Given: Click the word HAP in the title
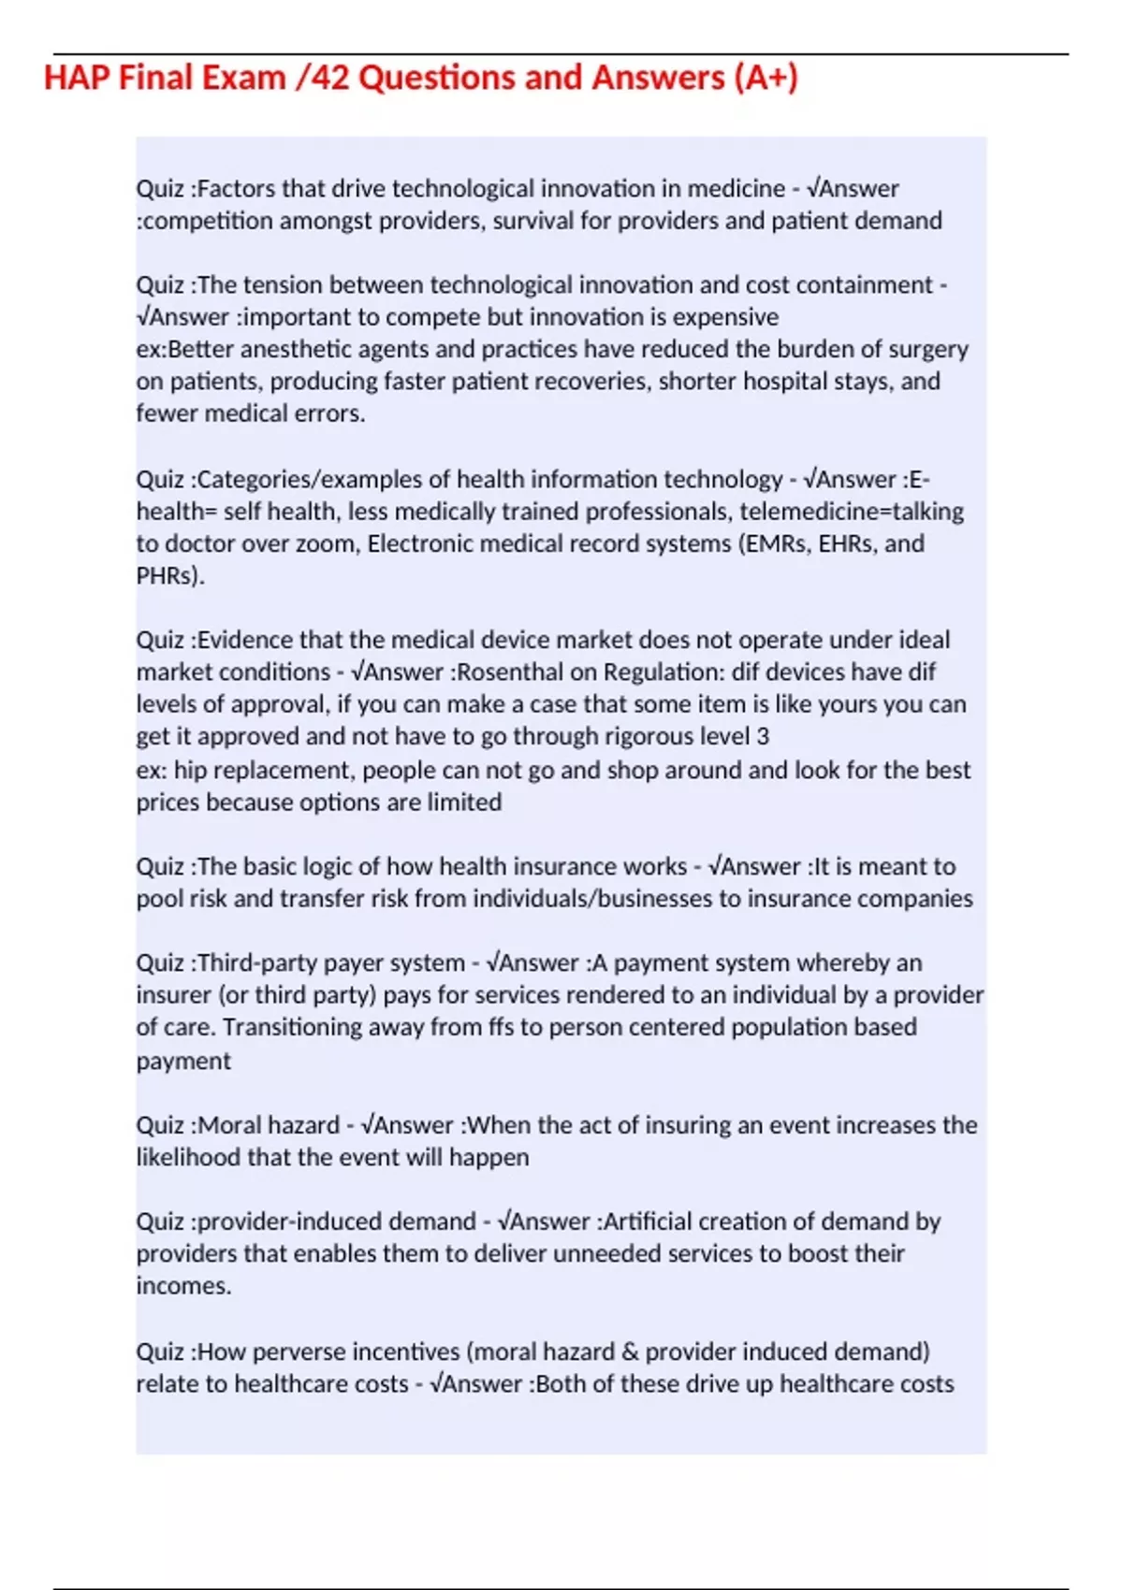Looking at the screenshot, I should click(77, 78).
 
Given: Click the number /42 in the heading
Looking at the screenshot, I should click(322, 78).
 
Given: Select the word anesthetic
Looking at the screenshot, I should click(296, 350).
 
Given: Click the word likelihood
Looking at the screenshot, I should click(187, 1158).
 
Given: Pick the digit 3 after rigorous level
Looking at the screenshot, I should click(763, 737).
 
